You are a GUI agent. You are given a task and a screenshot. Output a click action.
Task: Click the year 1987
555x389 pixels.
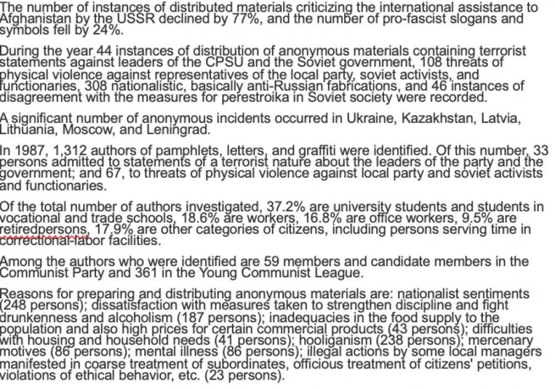click(25, 151)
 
